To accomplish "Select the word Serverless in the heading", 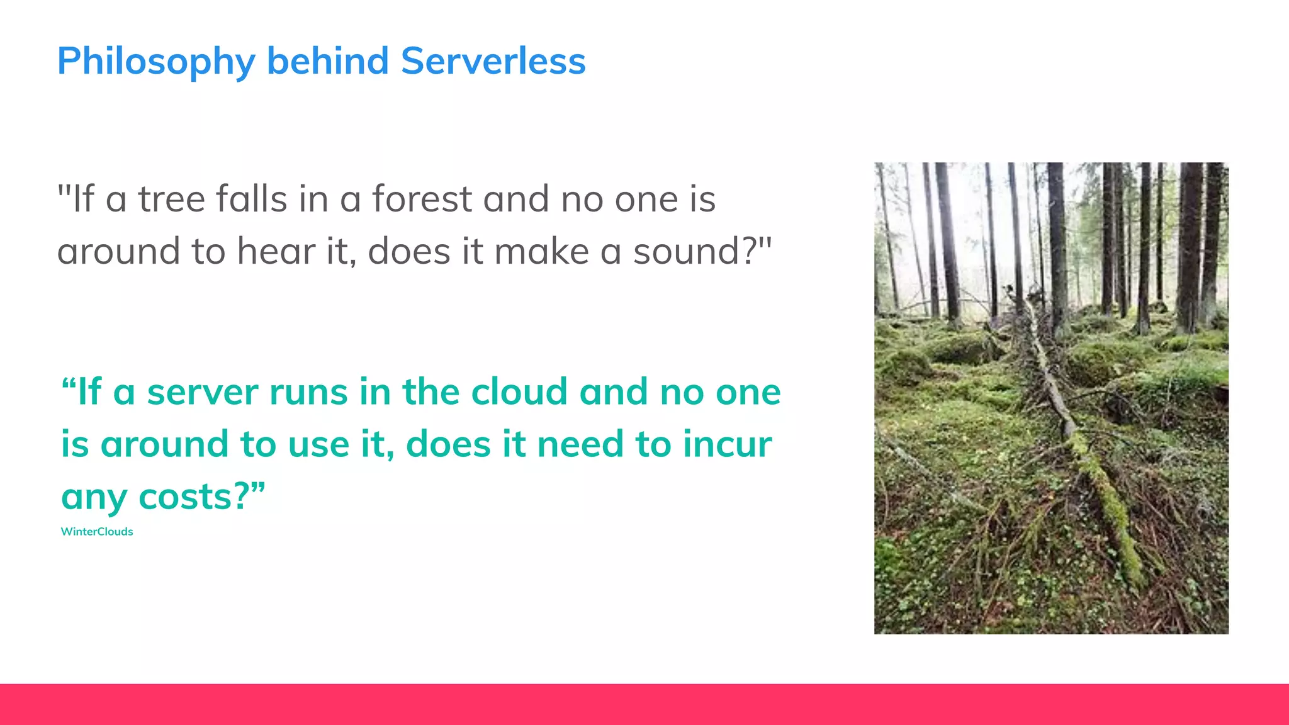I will point(493,62).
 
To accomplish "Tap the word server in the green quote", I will point(202,392).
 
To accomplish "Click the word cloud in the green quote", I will point(519,392).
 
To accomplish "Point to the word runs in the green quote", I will point(308,392).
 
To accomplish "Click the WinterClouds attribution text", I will point(97,532).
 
